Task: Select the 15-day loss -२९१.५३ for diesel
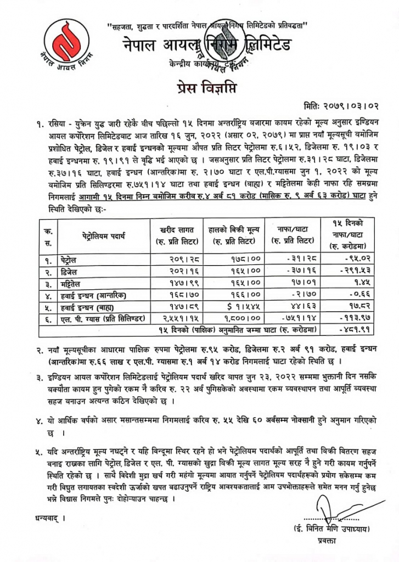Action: pos(350,271)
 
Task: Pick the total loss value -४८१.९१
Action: pos(350,330)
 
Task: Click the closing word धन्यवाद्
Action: pos(44,516)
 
